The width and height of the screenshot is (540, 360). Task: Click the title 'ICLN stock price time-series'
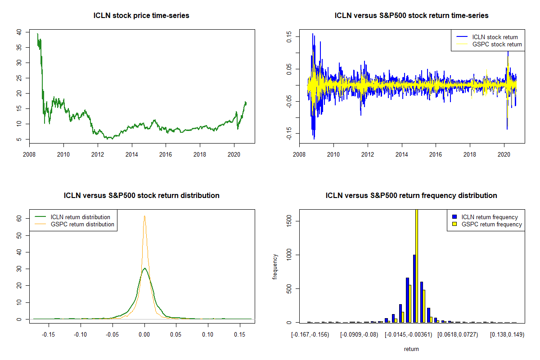point(141,16)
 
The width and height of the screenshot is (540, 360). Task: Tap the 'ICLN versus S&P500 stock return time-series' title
point(411,16)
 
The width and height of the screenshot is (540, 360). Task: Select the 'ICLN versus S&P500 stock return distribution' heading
point(141,196)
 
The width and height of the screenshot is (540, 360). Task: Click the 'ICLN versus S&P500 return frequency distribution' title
point(411,196)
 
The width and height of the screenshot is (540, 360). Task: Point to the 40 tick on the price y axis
point(18,32)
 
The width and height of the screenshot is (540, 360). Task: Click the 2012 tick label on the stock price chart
point(98,152)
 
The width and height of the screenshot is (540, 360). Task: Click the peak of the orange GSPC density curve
point(144,216)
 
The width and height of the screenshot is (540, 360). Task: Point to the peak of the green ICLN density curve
point(144,269)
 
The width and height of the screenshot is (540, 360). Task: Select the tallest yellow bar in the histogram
point(417,265)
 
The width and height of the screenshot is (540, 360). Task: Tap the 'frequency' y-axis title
point(275,266)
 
